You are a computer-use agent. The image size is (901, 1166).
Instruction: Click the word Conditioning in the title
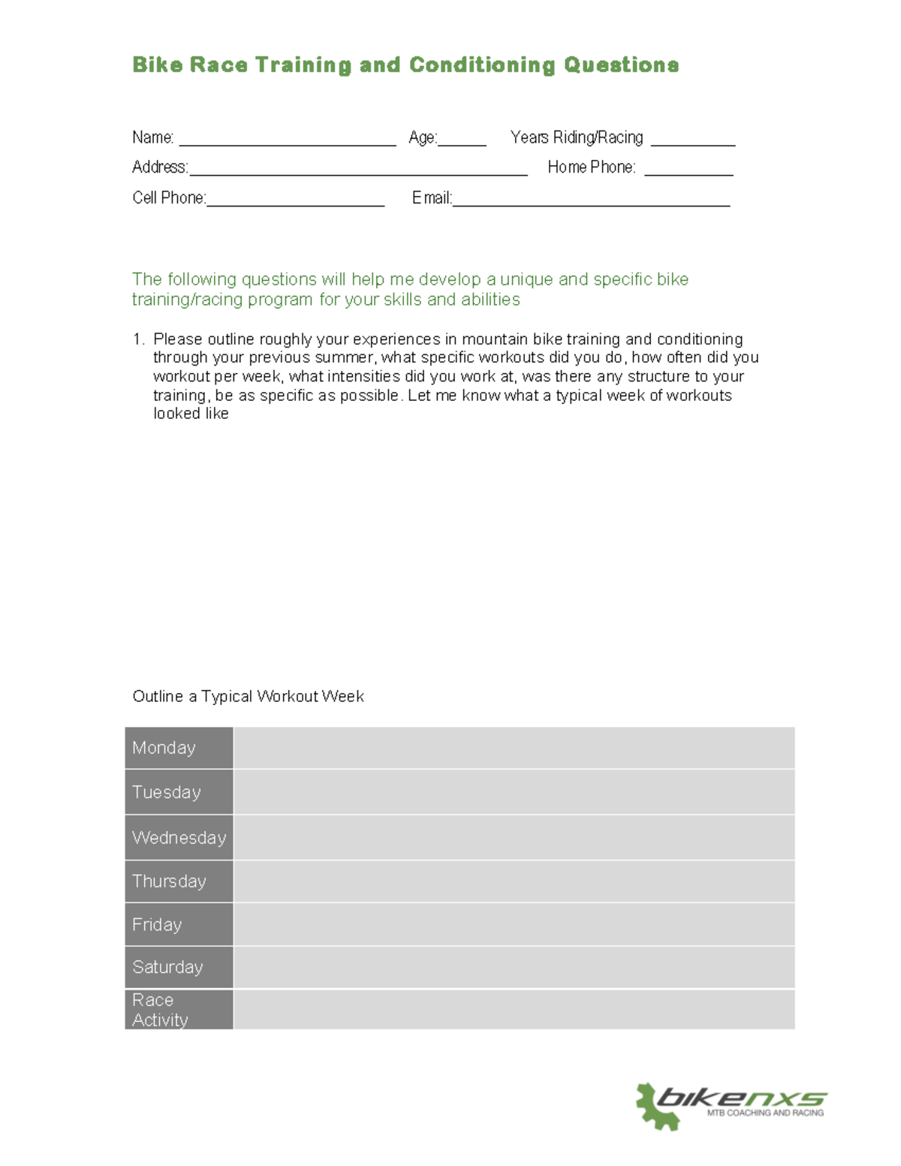coord(481,65)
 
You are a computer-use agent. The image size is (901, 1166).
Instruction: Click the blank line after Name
coord(288,143)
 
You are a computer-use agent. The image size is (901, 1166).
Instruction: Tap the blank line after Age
coord(462,143)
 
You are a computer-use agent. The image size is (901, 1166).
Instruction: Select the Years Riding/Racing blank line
coord(692,143)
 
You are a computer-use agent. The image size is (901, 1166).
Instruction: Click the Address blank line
coord(358,173)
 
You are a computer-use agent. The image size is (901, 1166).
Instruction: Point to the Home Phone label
coord(591,167)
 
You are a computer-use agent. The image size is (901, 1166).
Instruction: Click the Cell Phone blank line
coord(295,203)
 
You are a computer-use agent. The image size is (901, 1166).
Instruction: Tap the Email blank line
coord(591,203)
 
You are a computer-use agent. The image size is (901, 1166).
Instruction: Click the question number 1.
coord(137,339)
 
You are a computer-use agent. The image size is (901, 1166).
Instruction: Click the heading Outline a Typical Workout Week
coord(248,697)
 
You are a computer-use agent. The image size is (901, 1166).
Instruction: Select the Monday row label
coord(164,748)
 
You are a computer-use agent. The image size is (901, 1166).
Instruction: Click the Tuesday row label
coord(167,792)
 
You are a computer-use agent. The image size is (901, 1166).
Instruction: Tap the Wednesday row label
coord(179,837)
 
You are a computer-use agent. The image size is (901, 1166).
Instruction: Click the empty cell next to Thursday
coord(514,881)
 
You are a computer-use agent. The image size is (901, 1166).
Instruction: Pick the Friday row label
coord(157,925)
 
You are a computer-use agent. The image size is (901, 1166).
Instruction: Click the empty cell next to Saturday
coord(514,968)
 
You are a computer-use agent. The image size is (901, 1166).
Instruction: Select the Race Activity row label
coord(160,1010)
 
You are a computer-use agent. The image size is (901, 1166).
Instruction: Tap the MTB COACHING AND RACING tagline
coord(764,1113)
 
